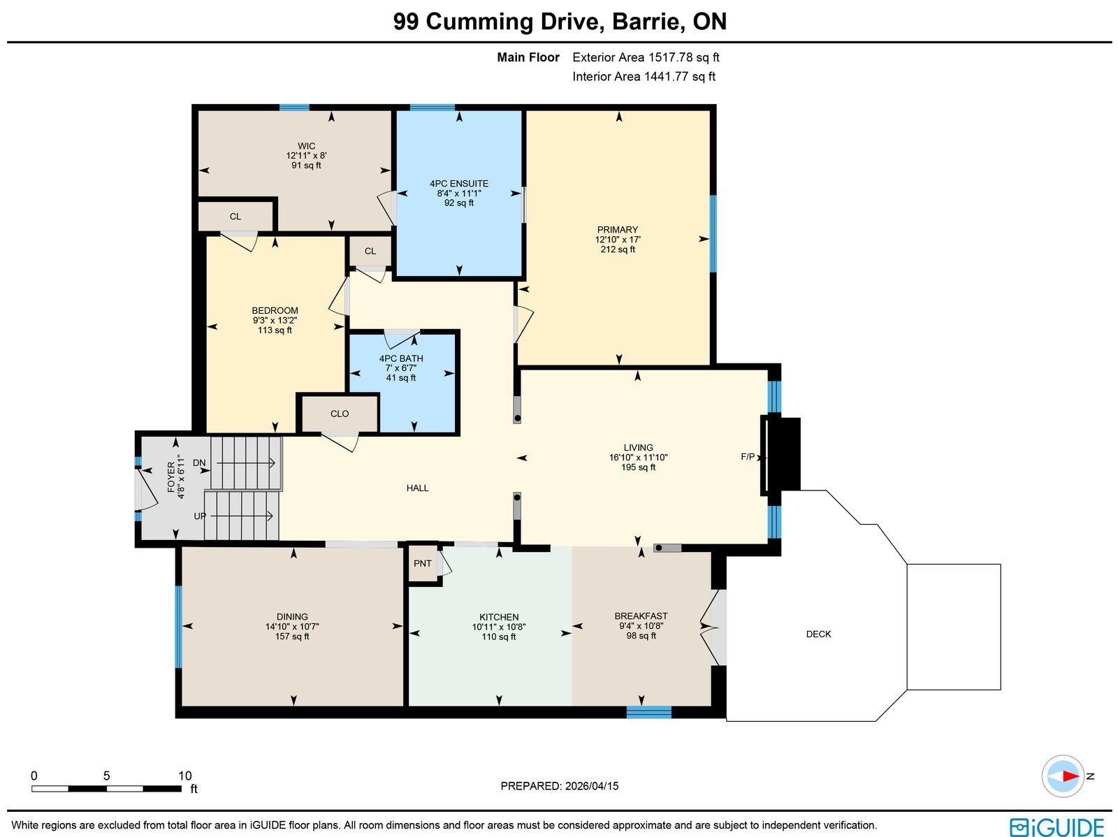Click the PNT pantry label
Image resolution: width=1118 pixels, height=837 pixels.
[x=422, y=563]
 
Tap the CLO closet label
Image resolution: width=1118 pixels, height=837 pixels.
[x=340, y=414]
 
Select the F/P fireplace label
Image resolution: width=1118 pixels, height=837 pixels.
[x=747, y=457]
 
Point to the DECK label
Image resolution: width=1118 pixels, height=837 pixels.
[x=818, y=634]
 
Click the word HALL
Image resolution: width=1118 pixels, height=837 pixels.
[x=417, y=488]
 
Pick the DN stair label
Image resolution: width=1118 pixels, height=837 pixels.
[x=199, y=463]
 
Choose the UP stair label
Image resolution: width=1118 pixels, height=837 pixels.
[x=200, y=516]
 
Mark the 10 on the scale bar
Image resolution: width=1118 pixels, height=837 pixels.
[x=185, y=776]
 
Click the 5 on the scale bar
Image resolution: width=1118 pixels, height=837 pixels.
[x=106, y=776]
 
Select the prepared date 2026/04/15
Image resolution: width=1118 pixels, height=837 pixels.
[x=592, y=785]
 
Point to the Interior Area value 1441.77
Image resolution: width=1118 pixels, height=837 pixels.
[x=667, y=76]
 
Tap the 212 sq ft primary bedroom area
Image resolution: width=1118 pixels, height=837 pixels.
[x=618, y=249]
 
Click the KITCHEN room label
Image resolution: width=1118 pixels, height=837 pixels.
[x=499, y=616]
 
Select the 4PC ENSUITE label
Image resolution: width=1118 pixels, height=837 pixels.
[x=459, y=183]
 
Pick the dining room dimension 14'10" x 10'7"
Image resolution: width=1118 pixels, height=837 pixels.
[x=292, y=626]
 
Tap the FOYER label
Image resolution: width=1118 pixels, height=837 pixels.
[x=171, y=476]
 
